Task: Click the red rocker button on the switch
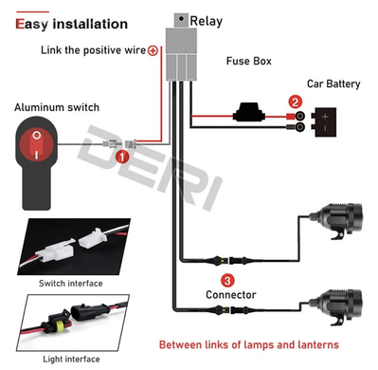click(x=36, y=145)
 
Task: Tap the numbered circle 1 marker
click(x=122, y=157)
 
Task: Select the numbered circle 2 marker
click(x=296, y=102)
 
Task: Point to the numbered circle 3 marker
click(x=227, y=280)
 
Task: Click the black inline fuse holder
click(x=249, y=112)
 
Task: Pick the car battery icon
click(x=323, y=121)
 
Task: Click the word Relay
click(x=207, y=21)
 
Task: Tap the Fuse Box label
click(x=249, y=61)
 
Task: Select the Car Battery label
click(x=333, y=83)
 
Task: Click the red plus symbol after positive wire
click(x=153, y=50)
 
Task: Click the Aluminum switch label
click(x=57, y=107)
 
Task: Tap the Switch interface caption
click(x=71, y=283)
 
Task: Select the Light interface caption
click(x=71, y=360)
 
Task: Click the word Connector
click(x=231, y=295)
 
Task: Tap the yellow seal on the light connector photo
click(x=58, y=326)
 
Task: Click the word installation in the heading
click(x=90, y=24)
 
